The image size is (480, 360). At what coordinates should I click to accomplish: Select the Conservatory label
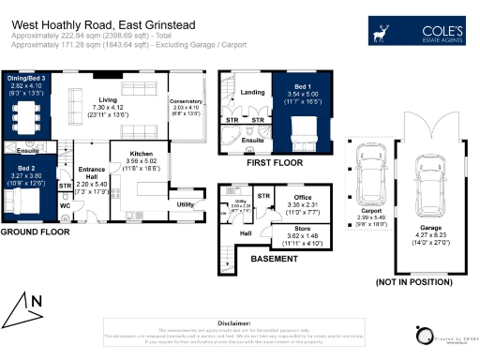tap(185, 105)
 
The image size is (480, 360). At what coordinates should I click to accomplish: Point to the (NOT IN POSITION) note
tap(403, 281)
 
